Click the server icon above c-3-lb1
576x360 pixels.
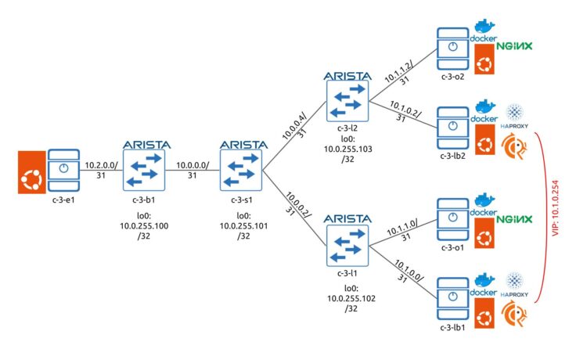tap(451, 295)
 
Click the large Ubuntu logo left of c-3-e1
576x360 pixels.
tap(24, 172)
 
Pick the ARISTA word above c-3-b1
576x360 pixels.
tap(142, 145)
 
